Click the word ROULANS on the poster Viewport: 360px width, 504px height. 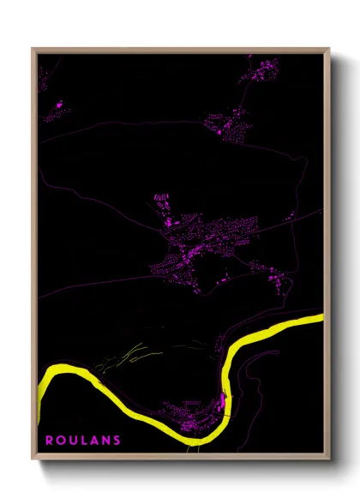click(82, 440)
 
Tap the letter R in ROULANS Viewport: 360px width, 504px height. click(49, 440)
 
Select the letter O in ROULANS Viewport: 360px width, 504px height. click(60, 440)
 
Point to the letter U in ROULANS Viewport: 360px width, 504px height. click(72, 440)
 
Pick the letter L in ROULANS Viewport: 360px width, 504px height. click(82, 440)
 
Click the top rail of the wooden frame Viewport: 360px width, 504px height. click(180, 50)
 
